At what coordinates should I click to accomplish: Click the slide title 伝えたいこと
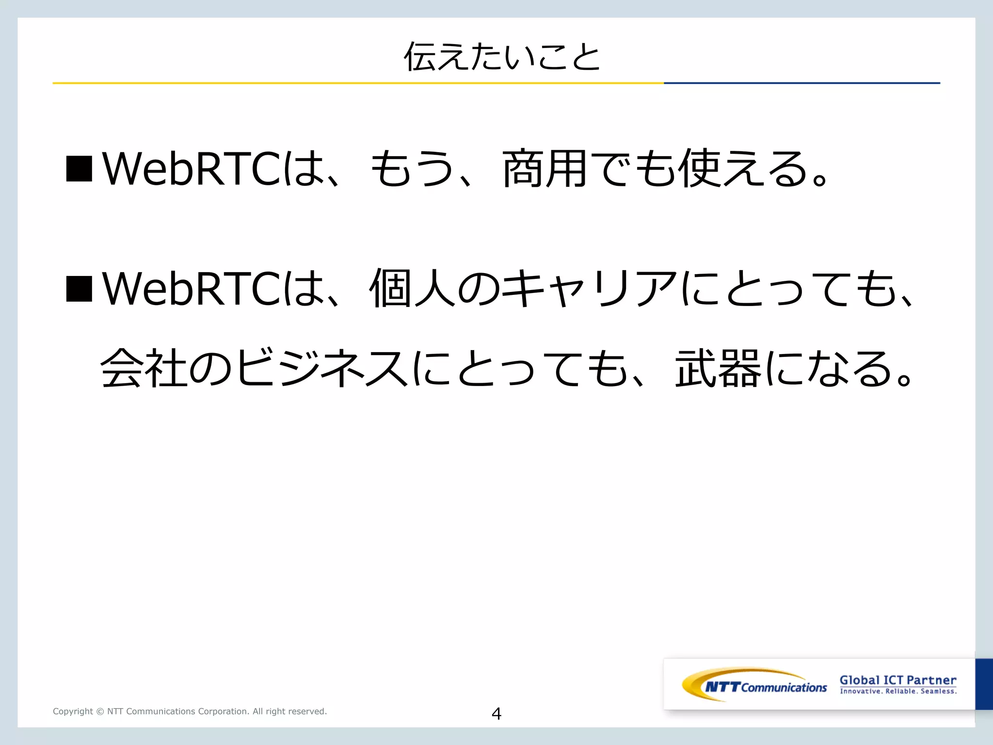point(502,57)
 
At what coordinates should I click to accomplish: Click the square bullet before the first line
point(79,168)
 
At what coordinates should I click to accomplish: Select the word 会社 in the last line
point(144,369)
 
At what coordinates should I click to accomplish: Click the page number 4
point(496,713)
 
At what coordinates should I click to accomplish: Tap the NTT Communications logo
point(754,685)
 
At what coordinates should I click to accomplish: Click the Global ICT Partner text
point(898,680)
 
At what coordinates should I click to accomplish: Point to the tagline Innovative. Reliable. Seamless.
point(898,692)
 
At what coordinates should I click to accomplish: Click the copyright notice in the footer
point(190,712)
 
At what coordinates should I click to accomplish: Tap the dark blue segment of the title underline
point(801,83)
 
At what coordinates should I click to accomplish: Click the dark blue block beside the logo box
point(984,684)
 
